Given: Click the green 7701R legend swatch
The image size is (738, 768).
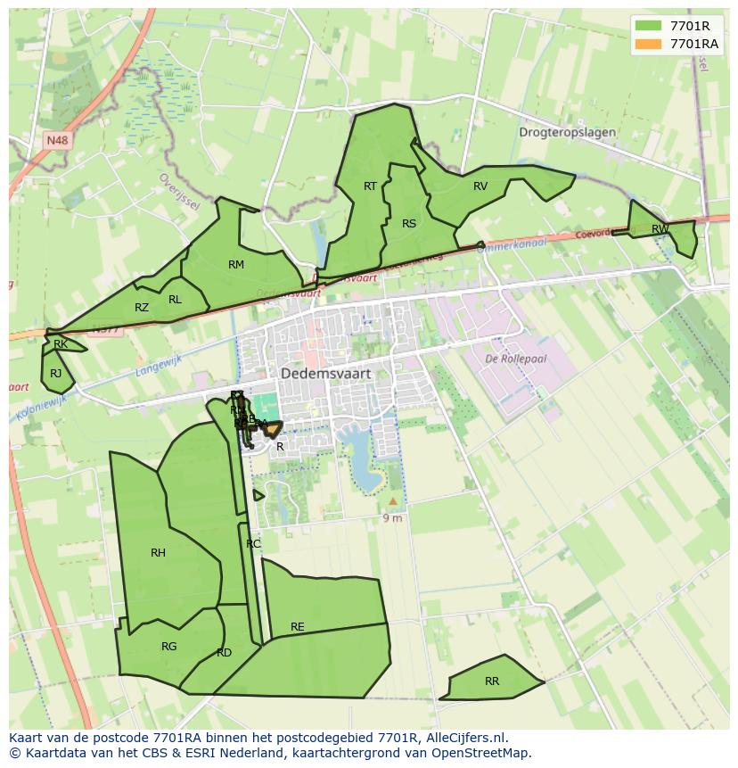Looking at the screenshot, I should click(x=649, y=26).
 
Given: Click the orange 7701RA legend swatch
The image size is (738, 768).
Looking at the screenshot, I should click(x=649, y=44).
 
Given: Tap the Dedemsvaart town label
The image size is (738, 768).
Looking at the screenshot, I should click(x=325, y=374).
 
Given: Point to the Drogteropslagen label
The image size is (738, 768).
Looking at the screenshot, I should click(x=567, y=132).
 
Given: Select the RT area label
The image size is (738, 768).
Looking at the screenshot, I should click(x=371, y=186).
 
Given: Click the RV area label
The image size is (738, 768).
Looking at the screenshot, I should click(x=480, y=186).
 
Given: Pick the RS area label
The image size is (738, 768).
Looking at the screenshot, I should click(x=409, y=224).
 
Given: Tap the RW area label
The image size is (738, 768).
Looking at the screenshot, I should click(x=660, y=229).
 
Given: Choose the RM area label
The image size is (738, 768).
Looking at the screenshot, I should click(x=236, y=264).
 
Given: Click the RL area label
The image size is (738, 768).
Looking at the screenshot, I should click(x=175, y=300).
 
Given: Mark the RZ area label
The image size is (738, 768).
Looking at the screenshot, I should click(x=142, y=308).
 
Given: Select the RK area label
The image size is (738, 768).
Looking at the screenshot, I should click(x=61, y=343).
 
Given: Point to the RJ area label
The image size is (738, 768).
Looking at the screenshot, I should click(x=56, y=374).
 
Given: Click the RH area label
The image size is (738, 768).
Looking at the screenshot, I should click(x=158, y=553).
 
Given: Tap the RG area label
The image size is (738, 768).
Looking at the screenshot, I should click(x=168, y=647).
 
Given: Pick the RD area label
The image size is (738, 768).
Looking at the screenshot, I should click(x=224, y=653).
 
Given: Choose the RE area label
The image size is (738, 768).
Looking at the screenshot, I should click(x=298, y=627).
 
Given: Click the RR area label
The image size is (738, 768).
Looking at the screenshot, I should click(x=492, y=681).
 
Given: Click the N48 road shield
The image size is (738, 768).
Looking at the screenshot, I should click(x=57, y=140).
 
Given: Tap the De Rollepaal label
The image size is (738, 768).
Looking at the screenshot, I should click(x=515, y=359).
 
